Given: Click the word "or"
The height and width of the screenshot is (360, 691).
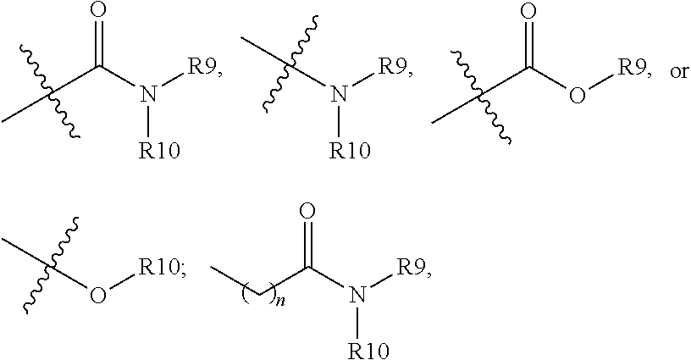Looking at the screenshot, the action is (x=679, y=71).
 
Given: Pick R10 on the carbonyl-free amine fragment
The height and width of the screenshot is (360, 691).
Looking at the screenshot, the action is (x=347, y=152).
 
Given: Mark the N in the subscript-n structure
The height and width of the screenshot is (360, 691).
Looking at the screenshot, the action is (x=357, y=295).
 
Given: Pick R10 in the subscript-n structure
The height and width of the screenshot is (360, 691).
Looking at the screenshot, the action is (x=364, y=349).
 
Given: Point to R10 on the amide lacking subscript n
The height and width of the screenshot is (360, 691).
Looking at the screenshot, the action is (x=158, y=152).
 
